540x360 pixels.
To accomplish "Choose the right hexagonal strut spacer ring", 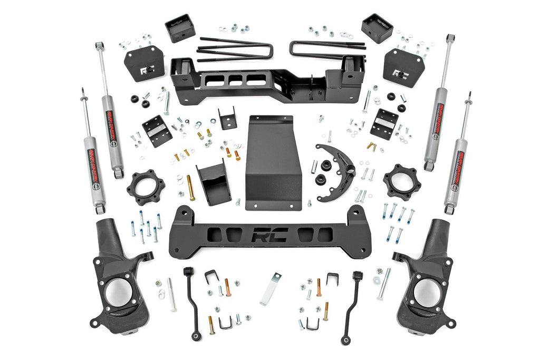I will click(x=402, y=182).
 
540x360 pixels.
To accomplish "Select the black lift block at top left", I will click(x=180, y=28).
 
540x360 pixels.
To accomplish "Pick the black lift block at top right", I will click(x=377, y=28).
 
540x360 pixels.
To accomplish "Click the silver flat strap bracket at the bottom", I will click(x=271, y=288).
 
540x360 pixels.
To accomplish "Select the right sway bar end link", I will click(x=352, y=305).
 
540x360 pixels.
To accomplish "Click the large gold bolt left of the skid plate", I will click(x=190, y=188).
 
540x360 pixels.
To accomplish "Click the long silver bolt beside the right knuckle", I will click(x=383, y=284).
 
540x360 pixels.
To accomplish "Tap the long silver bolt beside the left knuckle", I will click(x=172, y=294).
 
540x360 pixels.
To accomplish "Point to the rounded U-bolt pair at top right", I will click(x=327, y=49).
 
